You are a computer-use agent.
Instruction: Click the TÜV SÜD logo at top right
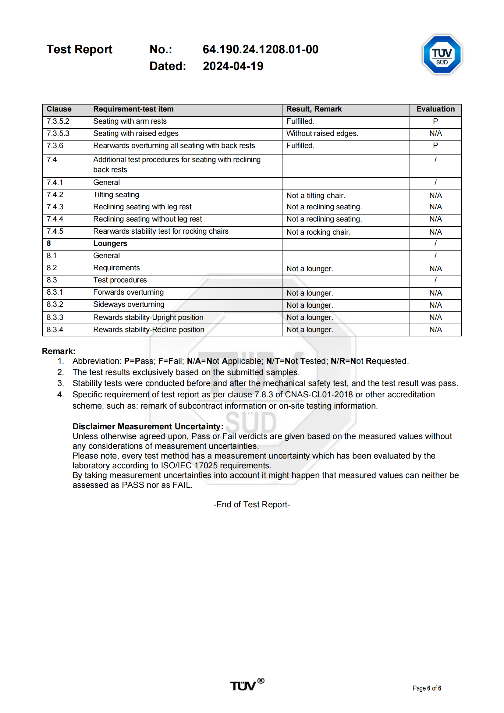click(442, 54)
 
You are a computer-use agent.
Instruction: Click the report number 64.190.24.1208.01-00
click(260, 49)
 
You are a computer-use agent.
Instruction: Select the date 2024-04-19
click(233, 66)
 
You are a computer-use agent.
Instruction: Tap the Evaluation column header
click(435, 109)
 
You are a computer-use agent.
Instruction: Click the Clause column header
click(59, 109)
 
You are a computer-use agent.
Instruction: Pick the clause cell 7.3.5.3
click(58, 133)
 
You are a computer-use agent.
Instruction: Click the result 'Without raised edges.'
click(322, 133)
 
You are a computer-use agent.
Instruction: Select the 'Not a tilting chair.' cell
click(315, 196)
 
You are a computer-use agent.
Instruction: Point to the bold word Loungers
click(110, 243)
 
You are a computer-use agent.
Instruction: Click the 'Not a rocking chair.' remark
click(318, 232)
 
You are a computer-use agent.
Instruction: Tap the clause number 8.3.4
click(55, 330)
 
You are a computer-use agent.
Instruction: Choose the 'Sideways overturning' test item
click(129, 305)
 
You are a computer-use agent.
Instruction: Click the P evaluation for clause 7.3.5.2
click(435, 121)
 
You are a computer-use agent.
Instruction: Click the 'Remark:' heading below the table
click(59, 351)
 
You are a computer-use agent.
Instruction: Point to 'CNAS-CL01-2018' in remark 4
click(319, 395)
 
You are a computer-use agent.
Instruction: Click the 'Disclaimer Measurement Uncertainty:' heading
click(148, 427)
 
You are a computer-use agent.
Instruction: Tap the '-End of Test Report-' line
click(251, 505)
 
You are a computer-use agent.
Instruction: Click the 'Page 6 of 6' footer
click(427, 688)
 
